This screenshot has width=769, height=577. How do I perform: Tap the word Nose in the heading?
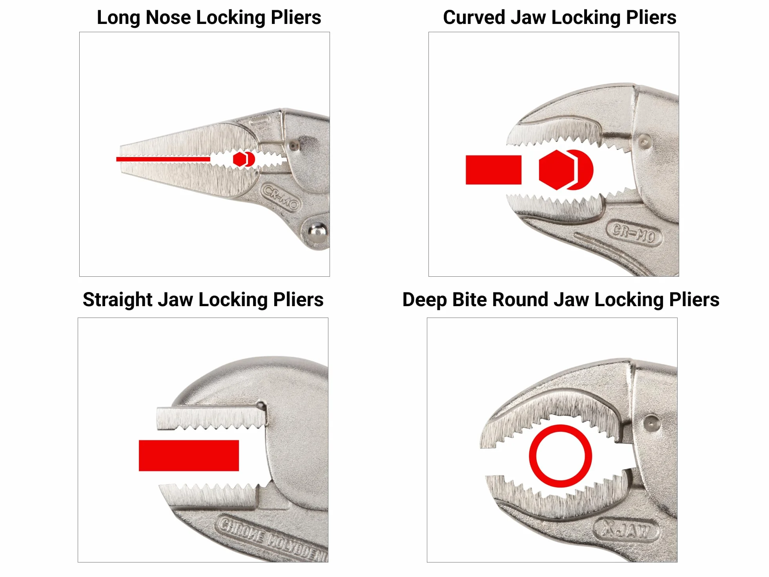pyautogui.click(x=168, y=18)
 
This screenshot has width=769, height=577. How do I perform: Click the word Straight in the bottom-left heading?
pyautogui.click(x=117, y=300)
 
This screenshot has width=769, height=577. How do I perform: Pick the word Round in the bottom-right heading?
pyautogui.click(x=518, y=300)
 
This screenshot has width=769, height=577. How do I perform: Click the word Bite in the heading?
pyautogui.click(x=469, y=300)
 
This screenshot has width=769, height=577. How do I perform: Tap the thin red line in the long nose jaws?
pyautogui.click(x=163, y=159)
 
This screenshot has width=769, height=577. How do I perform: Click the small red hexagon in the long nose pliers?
pyautogui.click(x=239, y=159)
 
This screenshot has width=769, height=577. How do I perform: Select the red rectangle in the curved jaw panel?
pyautogui.click(x=494, y=170)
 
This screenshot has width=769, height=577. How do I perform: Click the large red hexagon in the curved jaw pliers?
pyautogui.click(x=557, y=170)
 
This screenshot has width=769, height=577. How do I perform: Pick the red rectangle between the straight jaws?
pyautogui.click(x=189, y=455)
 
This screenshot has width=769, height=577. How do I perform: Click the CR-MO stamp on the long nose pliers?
pyautogui.click(x=281, y=197)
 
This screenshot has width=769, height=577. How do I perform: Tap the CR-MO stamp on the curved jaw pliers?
pyautogui.click(x=634, y=234)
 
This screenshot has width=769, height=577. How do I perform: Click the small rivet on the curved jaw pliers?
pyautogui.click(x=644, y=141)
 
